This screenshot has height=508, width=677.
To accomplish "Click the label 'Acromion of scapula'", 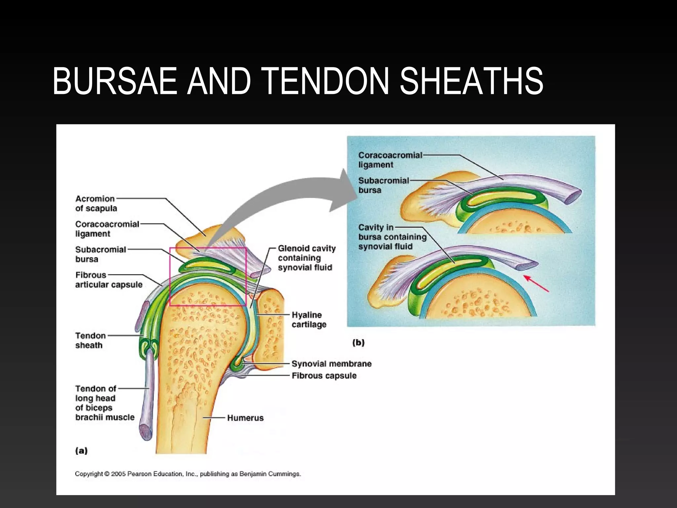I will (x=96, y=203).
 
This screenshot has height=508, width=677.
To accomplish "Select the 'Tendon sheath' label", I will (x=90, y=340).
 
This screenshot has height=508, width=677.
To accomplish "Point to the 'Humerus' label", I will (x=245, y=418).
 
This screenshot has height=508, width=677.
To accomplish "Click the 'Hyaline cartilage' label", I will (x=309, y=319).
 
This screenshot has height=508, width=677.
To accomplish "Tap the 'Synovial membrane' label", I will (x=331, y=364).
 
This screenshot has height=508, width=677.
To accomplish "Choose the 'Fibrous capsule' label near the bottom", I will (x=324, y=376).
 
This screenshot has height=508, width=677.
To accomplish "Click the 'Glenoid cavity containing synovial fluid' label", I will (x=306, y=258).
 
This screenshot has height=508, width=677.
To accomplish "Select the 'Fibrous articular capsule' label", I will (x=108, y=280).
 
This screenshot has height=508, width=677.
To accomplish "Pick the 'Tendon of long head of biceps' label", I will (x=104, y=403).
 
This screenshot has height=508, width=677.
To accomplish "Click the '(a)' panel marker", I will (x=81, y=450).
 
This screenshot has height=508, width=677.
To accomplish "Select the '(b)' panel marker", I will (x=358, y=342).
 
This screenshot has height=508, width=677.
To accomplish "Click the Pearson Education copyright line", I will (x=188, y=474).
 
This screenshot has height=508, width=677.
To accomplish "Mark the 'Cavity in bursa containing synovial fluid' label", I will (x=392, y=237).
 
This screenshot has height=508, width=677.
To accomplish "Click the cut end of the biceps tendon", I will (x=145, y=432).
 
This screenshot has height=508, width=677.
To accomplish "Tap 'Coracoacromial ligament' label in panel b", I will (x=390, y=160).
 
